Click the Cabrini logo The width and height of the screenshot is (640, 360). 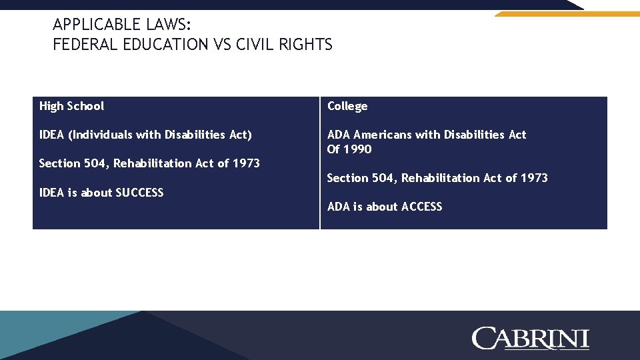(x=530, y=338)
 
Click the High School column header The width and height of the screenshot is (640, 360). (x=71, y=106)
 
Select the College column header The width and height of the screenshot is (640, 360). (x=347, y=107)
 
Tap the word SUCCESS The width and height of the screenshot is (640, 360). (x=139, y=193)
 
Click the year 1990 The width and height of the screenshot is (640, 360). (x=359, y=149)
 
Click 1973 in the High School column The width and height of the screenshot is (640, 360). (x=246, y=163)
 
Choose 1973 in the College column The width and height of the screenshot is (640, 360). (x=534, y=178)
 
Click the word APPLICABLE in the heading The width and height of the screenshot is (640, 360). (x=95, y=25)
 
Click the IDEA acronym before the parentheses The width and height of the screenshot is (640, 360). (x=52, y=135)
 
